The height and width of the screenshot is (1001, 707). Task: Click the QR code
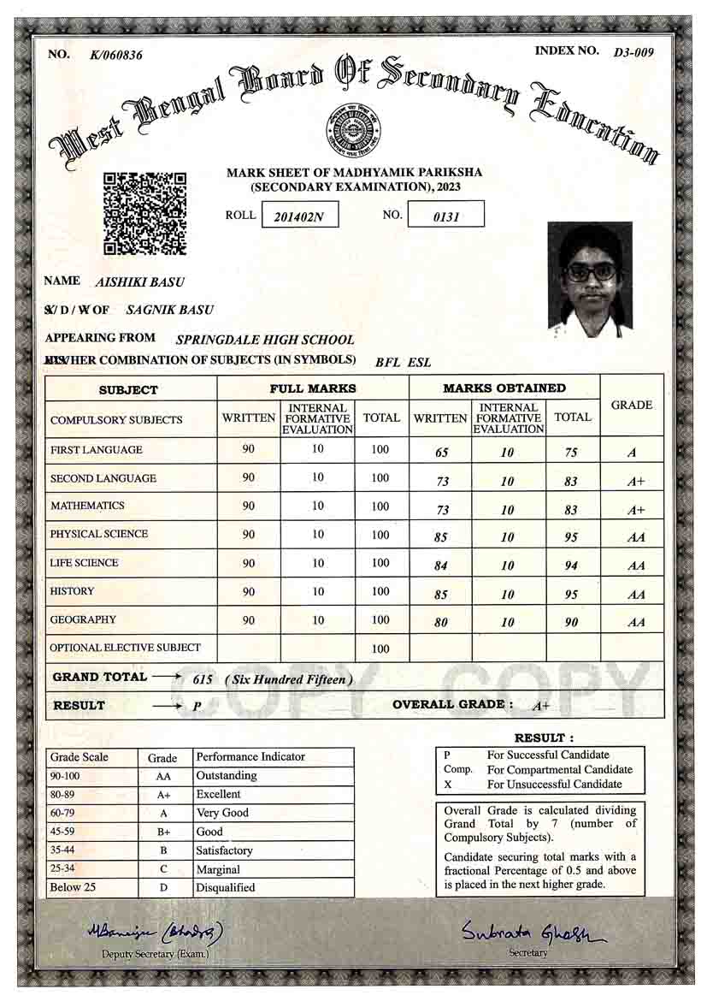pos(144,213)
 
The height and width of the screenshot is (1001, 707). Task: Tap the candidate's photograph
pos(590,279)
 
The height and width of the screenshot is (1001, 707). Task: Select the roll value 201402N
pos(299,216)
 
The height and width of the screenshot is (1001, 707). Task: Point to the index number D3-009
pos(633,52)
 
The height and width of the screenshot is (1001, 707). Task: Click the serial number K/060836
pos(116,56)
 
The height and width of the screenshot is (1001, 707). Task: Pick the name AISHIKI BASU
pos(140,282)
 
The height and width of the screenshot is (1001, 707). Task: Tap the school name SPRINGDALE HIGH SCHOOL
pos(264,340)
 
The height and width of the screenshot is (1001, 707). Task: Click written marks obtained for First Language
pos(441,453)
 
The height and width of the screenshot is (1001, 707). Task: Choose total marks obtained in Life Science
pos(572,566)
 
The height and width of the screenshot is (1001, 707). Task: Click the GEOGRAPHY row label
pos(83,619)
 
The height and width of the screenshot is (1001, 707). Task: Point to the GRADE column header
pos(632,405)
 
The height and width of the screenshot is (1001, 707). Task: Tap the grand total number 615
pos(203,678)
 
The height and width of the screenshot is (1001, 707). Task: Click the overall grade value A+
pos(540,707)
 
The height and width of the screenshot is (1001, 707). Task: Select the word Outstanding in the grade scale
pos(227,775)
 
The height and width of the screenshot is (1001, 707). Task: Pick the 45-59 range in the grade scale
pos(65,831)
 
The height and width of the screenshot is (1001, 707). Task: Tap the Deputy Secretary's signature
pos(155,932)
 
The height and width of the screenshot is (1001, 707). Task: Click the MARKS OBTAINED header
pos(504,388)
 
